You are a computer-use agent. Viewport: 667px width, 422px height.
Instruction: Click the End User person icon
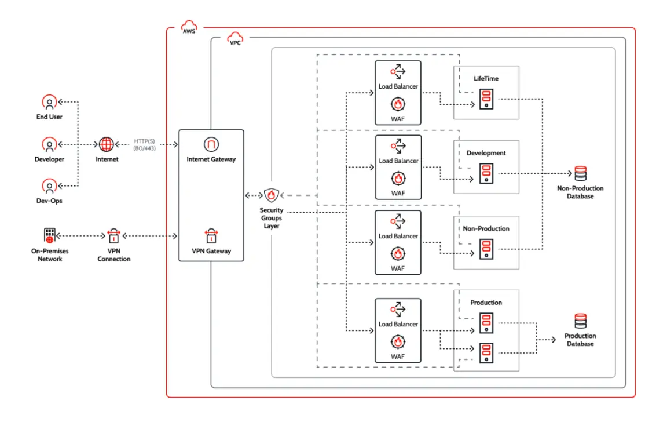(50, 103)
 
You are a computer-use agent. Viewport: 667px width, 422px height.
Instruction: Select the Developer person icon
(50, 144)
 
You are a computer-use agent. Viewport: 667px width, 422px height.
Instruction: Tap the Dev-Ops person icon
(50, 186)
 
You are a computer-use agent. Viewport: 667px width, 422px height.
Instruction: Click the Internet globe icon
(107, 144)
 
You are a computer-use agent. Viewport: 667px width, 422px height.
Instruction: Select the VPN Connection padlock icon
(113, 235)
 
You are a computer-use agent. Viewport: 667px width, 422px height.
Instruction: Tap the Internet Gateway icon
(211, 144)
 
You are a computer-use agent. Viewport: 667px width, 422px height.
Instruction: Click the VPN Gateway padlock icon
(211, 235)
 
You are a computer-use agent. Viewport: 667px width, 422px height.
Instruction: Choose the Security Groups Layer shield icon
(272, 195)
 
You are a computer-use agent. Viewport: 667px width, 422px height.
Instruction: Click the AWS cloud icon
(189, 26)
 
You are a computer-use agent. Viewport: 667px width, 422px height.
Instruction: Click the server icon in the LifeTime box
(486, 99)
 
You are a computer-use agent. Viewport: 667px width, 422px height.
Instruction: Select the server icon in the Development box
(486, 173)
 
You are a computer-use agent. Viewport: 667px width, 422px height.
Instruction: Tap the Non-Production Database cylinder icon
(580, 173)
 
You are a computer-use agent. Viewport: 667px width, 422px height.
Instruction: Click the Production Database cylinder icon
(580, 321)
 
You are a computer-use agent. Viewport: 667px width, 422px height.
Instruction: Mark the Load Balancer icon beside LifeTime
(398, 72)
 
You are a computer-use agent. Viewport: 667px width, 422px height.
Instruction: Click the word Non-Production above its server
(486, 228)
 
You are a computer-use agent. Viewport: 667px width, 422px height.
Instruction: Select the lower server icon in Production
(486, 352)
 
